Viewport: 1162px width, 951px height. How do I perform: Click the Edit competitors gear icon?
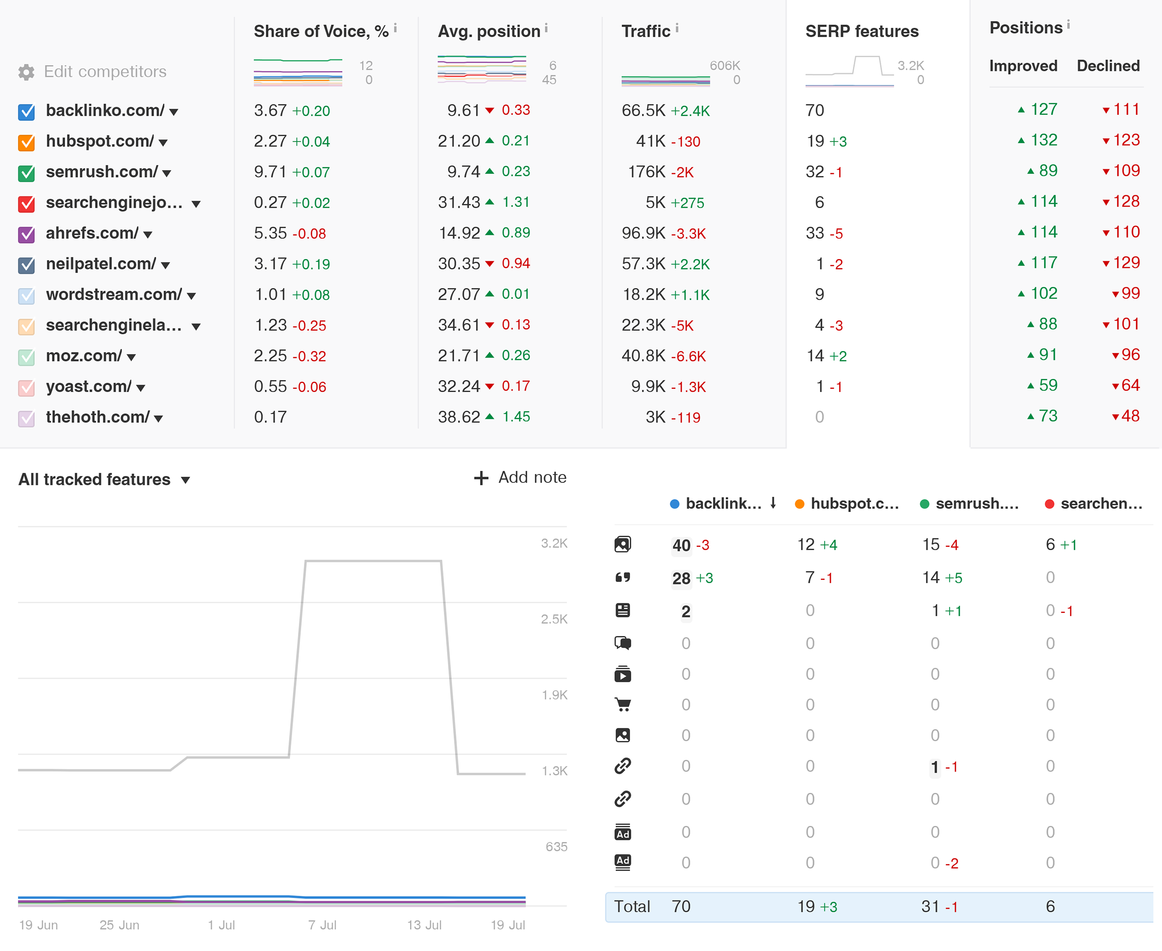coord(26,72)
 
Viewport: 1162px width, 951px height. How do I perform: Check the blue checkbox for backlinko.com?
coord(26,112)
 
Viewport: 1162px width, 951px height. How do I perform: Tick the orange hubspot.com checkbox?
coord(26,142)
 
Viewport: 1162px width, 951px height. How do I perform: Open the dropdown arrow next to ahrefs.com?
coord(147,235)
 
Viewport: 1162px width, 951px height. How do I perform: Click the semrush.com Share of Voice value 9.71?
coord(270,172)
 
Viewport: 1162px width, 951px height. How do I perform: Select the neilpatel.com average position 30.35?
coord(458,264)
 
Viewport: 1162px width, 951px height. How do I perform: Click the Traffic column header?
coord(646,31)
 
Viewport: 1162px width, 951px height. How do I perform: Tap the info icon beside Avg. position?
coord(546,28)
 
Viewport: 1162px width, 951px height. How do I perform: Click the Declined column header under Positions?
coord(1108,66)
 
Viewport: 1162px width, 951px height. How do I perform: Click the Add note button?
coord(520,478)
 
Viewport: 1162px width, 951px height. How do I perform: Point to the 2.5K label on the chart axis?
coord(554,619)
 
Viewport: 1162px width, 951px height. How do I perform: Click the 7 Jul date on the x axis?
coord(322,924)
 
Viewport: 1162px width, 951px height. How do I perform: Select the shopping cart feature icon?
coord(623,705)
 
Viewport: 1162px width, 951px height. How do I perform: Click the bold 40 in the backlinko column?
coord(681,545)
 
